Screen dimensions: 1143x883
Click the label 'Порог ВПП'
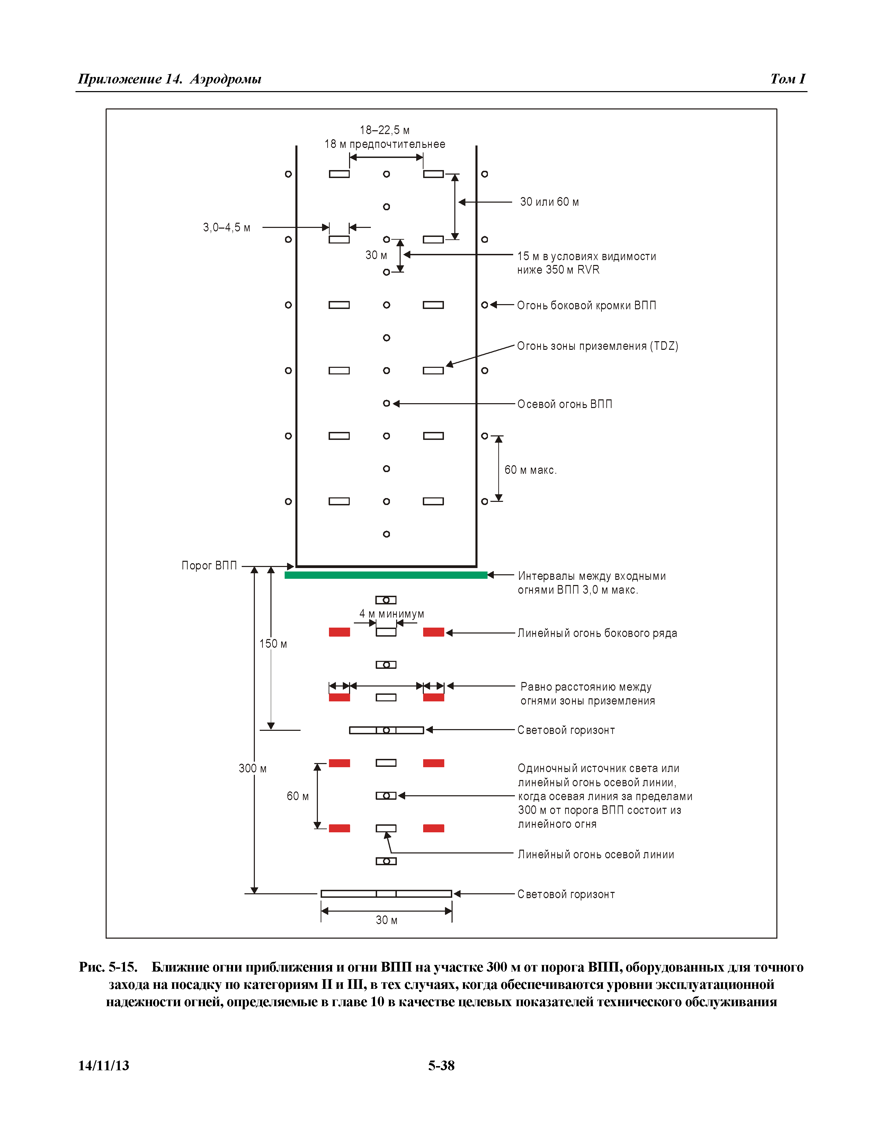pyautogui.click(x=209, y=565)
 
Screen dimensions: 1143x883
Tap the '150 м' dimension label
pyautogui.click(x=273, y=644)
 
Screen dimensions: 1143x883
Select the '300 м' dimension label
pyautogui.click(x=253, y=768)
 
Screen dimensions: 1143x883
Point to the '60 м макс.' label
pyautogui.click(x=530, y=470)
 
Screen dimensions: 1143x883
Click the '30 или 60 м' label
pyautogui.click(x=549, y=202)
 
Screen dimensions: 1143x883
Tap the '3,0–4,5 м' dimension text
pyautogui.click(x=226, y=228)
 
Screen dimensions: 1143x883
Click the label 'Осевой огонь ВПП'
pyautogui.click(x=564, y=404)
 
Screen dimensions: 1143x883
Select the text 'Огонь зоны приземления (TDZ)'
pyautogui.click(x=597, y=346)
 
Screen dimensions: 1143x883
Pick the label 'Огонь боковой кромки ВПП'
pyautogui.click(x=586, y=305)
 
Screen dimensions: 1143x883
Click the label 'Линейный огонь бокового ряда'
pyautogui.click(x=597, y=633)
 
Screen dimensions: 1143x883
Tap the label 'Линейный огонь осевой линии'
pyautogui.click(x=596, y=854)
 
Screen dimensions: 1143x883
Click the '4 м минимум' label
pyautogui.click(x=391, y=613)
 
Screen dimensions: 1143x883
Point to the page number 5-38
pyautogui.click(x=441, y=1065)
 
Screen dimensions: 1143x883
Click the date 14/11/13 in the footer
pyautogui.click(x=104, y=1065)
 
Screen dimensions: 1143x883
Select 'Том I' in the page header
pyautogui.click(x=787, y=79)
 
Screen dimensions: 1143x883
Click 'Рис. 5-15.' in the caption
pyautogui.click(x=108, y=967)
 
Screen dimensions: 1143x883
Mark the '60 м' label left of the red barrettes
pyautogui.click(x=298, y=796)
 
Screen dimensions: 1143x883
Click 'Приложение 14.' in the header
pyautogui.click(x=130, y=79)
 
